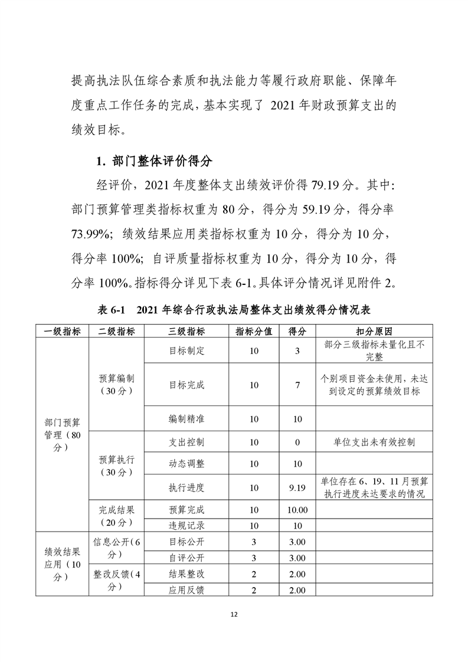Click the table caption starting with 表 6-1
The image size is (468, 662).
(233, 310)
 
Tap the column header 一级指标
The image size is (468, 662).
(62, 331)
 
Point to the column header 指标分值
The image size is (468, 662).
(254, 331)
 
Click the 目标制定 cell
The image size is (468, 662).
(186, 350)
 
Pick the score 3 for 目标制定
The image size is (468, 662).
(297, 350)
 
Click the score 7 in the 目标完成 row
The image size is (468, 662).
(297, 385)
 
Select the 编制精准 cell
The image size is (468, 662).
(186, 419)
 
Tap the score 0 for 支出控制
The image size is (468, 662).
(297, 442)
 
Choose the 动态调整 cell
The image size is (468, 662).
(186, 464)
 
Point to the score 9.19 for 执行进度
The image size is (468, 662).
(297, 487)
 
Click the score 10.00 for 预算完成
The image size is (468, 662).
(297, 510)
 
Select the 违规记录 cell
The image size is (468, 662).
(186, 525)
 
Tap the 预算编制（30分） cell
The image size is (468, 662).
(116, 385)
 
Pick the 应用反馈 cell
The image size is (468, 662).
(186, 589)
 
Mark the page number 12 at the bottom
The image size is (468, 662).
(234, 615)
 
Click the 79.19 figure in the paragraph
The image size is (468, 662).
(322, 184)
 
